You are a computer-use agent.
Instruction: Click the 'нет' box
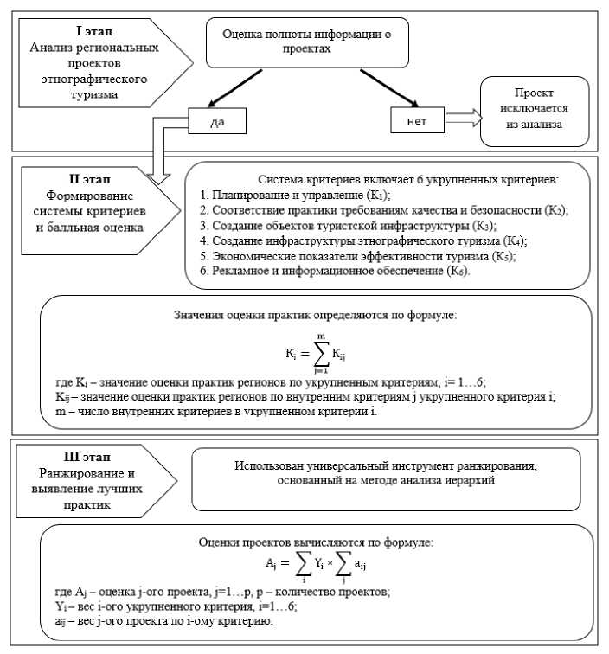(x=417, y=121)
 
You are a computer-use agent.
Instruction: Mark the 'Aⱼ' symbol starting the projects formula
(x=270, y=562)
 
